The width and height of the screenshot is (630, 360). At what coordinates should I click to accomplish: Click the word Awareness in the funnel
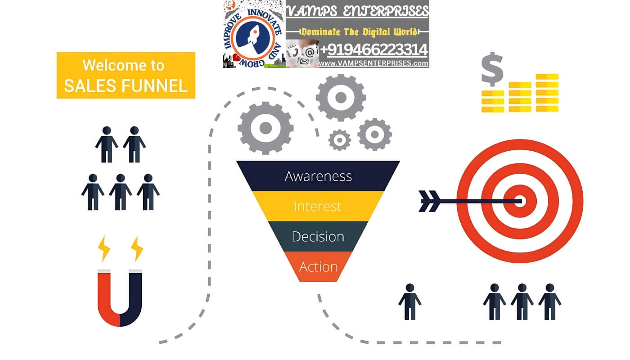(x=318, y=176)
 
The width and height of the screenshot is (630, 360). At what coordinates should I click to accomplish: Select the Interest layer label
(x=318, y=206)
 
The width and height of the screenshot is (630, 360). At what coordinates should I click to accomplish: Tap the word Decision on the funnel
(x=318, y=236)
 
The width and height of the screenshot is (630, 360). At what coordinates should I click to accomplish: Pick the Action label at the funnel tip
(x=318, y=267)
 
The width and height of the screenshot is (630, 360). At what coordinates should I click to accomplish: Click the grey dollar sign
(x=492, y=70)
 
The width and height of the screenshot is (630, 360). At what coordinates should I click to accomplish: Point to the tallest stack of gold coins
(x=547, y=93)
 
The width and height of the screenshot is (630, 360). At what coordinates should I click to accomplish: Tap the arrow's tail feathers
(x=430, y=201)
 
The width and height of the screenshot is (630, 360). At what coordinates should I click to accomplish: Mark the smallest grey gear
(x=339, y=140)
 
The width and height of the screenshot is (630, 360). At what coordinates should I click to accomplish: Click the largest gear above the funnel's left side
(x=265, y=128)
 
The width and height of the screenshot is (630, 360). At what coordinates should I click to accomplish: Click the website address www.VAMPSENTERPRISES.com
(x=373, y=63)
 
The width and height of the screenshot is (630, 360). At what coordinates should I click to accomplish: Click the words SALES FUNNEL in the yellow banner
(x=126, y=85)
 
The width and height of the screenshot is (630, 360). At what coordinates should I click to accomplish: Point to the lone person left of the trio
(x=409, y=301)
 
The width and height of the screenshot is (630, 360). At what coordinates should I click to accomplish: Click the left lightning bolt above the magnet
(x=104, y=248)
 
